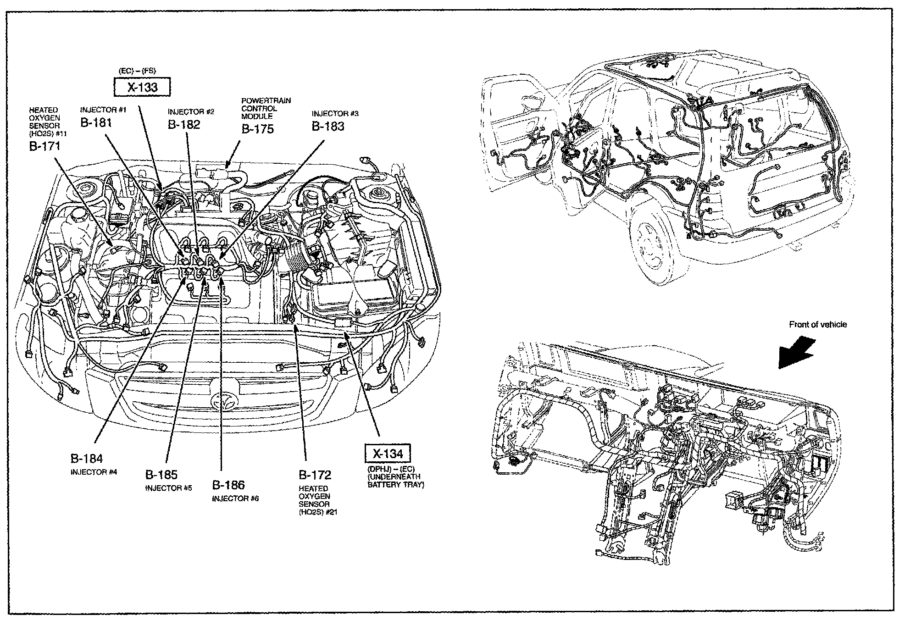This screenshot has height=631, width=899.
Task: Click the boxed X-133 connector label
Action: click(x=142, y=87)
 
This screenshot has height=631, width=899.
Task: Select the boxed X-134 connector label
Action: click(x=388, y=454)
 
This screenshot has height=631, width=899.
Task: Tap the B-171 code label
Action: click(x=44, y=146)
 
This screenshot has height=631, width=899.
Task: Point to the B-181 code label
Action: click(x=96, y=122)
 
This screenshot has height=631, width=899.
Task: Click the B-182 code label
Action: click(x=184, y=124)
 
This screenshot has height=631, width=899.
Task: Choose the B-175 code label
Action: click(x=257, y=129)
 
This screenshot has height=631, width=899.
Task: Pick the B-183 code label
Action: click(x=328, y=126)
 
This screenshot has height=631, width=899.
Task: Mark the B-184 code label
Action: click(x=87, y=458)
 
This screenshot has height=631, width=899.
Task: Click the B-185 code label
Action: click(x=161, y=475)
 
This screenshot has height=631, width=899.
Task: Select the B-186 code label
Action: click(x=228, y=485)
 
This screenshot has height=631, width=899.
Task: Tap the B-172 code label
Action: click(x=315, y=475)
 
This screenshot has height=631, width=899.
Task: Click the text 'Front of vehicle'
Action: click(x=818, y=325)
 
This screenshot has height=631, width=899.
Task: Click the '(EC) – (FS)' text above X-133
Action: click(x=137, y=71)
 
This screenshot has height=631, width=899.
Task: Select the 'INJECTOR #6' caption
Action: click(x=235, y=498)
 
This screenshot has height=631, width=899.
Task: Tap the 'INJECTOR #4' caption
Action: click(x=94, y=472)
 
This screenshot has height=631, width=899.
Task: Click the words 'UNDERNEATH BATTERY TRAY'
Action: click(x=396, y=481)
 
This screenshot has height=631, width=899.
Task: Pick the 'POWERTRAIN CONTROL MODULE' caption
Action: click(x=266, y=108)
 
